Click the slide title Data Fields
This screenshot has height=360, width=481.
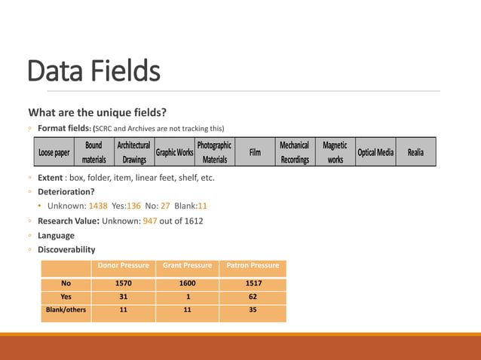pos(94,72)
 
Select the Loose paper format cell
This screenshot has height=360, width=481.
pos(54,153)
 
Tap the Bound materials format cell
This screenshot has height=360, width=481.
pos(93,152)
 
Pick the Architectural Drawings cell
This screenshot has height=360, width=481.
pos(134,152)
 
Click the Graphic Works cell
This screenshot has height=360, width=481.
pos(174,153)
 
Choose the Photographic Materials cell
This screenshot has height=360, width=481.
pos(215,152)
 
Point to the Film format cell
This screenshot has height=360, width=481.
pos(255,153)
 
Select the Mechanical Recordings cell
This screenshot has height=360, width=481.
pos(294,152)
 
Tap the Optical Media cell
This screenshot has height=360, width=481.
pos(375,153)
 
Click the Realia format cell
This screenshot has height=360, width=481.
pos(415,153)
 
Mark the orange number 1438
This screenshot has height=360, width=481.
pos(98,206)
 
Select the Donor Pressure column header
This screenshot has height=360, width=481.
pos(123,265)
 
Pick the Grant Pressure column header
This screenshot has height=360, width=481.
pos(187,265)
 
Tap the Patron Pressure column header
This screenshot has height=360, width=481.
pos(253,265)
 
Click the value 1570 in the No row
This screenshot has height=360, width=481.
pos(123,283)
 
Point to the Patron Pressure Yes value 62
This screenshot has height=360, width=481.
pos(253,297)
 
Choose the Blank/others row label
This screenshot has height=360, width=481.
pos(66,310)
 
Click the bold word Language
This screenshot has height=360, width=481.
pos(56,235)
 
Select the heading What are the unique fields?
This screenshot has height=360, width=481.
pos(97,113)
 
